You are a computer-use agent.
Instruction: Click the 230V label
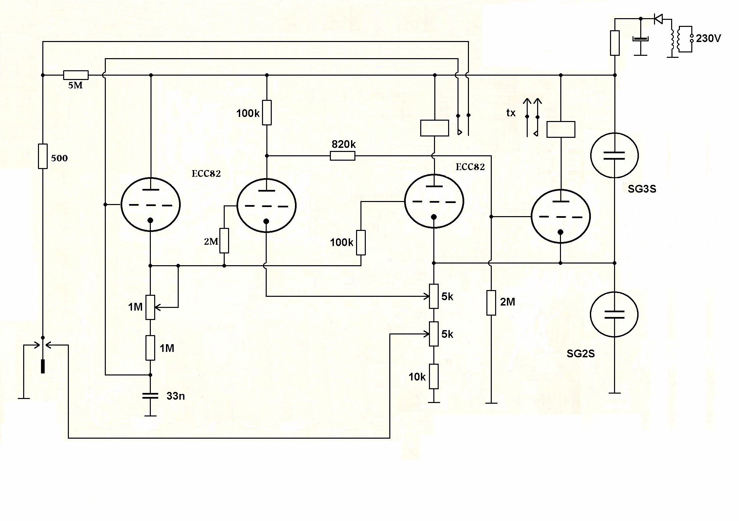coord(708,39)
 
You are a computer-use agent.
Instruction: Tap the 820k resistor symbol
coord(342,156)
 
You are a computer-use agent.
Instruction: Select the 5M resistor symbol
coord(76,75)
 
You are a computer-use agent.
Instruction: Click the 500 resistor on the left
coord(43,156)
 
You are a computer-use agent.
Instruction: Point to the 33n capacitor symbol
coord(150,396)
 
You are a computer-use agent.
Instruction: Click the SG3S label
coord(642,189)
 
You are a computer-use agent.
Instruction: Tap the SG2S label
coord(580,353)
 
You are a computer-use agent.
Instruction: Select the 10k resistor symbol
coord(434,376)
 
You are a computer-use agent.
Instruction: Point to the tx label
coord(511,113)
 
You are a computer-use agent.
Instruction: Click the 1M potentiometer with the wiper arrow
coord(150,307)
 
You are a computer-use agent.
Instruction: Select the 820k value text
coord(343,144)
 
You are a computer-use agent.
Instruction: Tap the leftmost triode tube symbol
coord(150,205)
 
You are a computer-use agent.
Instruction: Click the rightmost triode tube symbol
coord(560,216)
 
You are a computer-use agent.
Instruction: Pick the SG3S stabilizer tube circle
coord(614,155)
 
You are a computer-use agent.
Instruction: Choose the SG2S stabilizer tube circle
coord(614,314)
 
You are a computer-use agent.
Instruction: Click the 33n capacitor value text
coord(175,396)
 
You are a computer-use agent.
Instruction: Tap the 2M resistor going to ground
coord(491,303)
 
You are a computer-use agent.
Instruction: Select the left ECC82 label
coord(206,173)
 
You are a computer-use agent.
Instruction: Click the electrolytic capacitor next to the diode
coord(640,39)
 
